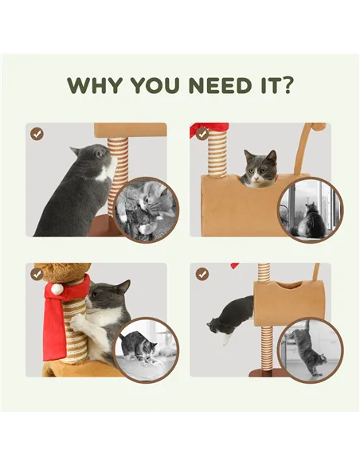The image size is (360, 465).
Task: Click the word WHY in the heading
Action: click(95, 85)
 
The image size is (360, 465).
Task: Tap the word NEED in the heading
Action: click(220, 85)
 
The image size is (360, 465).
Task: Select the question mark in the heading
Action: click(286, 85)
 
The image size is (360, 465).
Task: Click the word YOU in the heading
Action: click(155, 85)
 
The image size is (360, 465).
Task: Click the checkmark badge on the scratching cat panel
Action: click(37, 134)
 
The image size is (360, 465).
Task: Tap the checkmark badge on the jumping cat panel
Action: click(202, 275)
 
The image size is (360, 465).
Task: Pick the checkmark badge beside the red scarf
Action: click(37, 275)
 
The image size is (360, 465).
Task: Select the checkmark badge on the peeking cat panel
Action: click(202, 134)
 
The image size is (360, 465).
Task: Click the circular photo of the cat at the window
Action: click(311, 210)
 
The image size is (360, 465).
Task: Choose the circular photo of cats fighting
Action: click(147, 210)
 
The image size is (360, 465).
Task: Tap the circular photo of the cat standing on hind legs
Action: click(311, 350)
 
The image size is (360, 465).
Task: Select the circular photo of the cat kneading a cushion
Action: click(147, 350)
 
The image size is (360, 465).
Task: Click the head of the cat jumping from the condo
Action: click(216, 326)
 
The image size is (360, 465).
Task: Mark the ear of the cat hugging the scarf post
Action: click(123, 287)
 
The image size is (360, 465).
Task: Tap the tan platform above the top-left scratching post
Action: click(130, 130)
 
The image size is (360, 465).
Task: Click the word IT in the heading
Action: click(268, 85)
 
